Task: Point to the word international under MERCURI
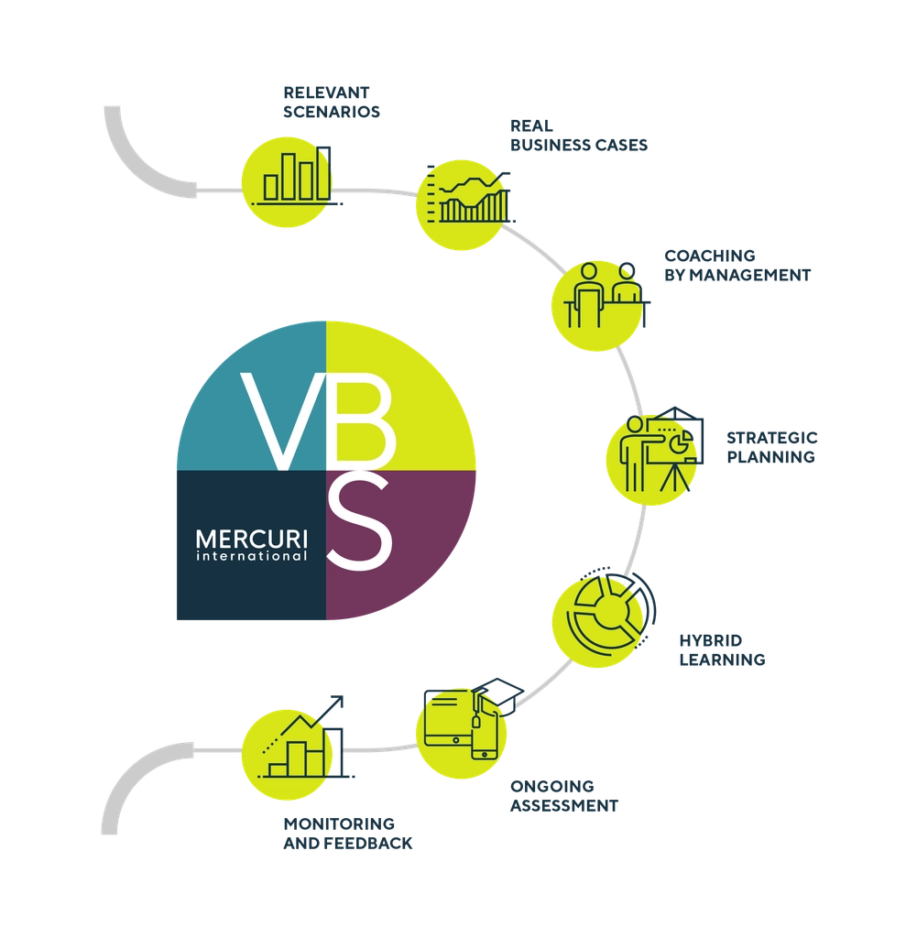click(251, 556)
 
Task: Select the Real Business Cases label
click(579, 136)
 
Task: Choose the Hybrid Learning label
click(720, 649)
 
